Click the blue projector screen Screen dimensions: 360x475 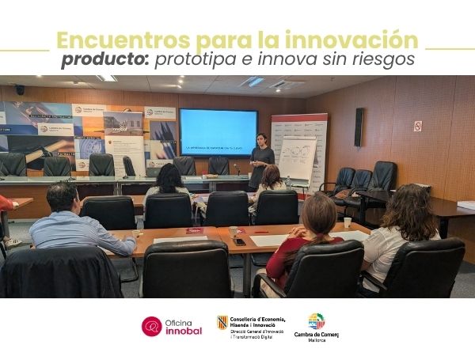pos(218,131)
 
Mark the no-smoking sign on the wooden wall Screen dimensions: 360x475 pos(417,126)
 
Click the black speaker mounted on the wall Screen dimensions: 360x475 pos(359,127)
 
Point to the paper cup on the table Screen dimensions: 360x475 pos(347,222)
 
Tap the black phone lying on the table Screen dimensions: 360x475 pos(238,241)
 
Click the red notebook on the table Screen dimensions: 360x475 pos(195,231)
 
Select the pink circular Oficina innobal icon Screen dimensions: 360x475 pos(151,326)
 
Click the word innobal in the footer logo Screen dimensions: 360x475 pos(184,331)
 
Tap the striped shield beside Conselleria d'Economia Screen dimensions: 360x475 pos(222,321)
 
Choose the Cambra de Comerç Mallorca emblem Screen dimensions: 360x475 pos(316,320)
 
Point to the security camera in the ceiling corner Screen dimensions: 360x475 pos(19,89)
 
